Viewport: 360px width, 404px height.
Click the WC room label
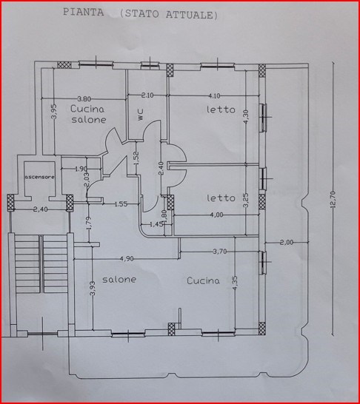139,114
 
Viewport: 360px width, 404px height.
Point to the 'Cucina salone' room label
88,114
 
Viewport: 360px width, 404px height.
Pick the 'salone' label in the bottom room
119,280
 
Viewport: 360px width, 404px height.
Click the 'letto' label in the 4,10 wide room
221,110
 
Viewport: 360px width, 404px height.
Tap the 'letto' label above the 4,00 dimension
221,198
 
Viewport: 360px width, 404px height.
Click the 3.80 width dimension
84,98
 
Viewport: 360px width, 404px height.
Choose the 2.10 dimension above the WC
147,95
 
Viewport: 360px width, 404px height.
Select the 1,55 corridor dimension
121,203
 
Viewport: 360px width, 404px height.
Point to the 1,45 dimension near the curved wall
157,223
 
